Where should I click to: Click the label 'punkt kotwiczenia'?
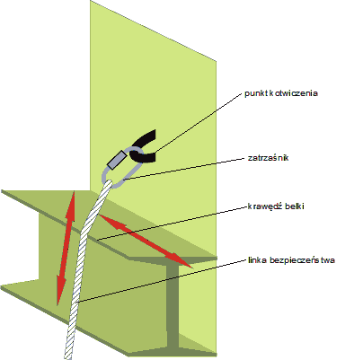[x=281, y=93]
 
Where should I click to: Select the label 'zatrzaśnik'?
[x=268, y=158]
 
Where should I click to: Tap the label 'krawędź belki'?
[x=276, y=206]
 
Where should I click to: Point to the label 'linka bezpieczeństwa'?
[x=291, y=260]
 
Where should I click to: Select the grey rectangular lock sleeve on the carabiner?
[x=117, y=160]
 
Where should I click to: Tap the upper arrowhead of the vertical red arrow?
[x=73, y=199]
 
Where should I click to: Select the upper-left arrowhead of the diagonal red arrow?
[x=106, y=218]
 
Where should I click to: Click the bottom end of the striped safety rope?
[x=68, y=357]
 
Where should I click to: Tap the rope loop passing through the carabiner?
[x=110, y=183]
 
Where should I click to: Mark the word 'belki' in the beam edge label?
[x=295, y=206]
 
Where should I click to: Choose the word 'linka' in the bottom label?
[x=258, y=260]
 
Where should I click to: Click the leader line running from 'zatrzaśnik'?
[x=185, y=169]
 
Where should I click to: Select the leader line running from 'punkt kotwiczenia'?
[x=199, y=122]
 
